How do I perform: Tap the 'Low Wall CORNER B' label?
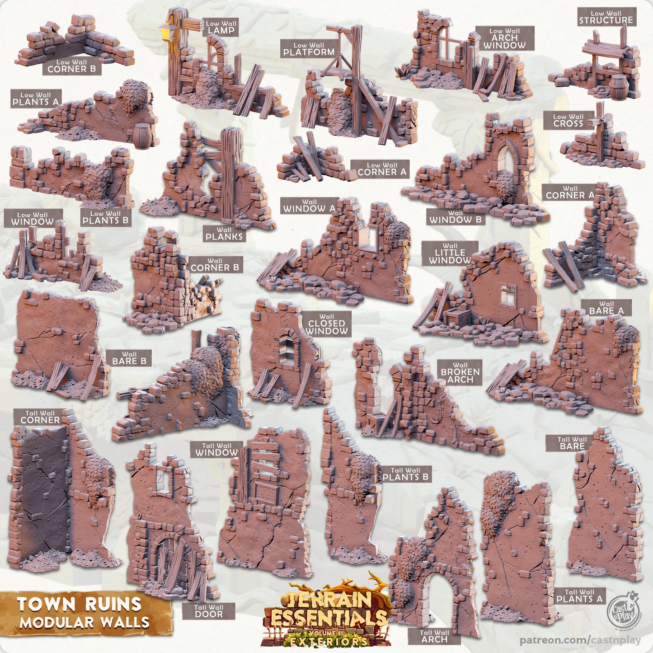click(x=72, y=66)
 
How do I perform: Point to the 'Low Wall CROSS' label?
click(x=568, y=120)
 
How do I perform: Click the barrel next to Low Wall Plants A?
click(x=142, y=135)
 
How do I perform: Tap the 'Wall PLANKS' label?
click(x=224, y=234)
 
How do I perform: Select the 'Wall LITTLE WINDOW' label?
click(x=450, y=254)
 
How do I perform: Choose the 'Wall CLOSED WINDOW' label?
click(x=327, y=324)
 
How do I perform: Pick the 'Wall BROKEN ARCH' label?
click(x=460, y=373)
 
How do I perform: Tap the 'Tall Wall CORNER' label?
click(x=40, y=417)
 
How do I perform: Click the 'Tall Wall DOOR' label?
click(x=209, y=611)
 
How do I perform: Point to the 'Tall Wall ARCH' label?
click(x=434, y=636)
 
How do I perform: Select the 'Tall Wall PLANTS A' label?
click(x=579, y=596)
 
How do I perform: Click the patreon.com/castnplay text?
click(x=580, y=640)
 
